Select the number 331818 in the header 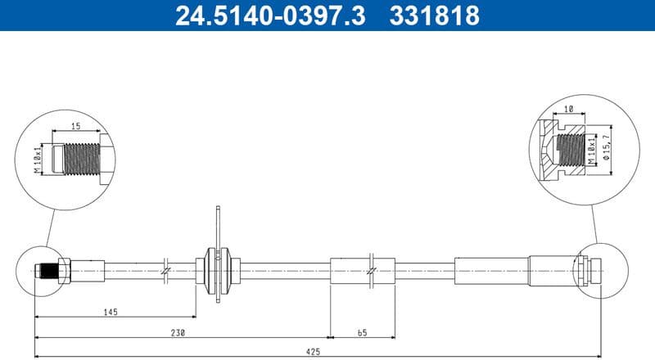click(x=434, y=16)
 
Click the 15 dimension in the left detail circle click(x=75, y=126)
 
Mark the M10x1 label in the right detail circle click(x=592, y=151)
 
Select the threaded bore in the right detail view click(x=569, y=150)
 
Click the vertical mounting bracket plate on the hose click(x=219, y=254)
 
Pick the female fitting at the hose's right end click(x=588, y=269)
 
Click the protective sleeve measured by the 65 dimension click(x=362, y=270)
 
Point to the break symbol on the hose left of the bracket click(x=166, y=269)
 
